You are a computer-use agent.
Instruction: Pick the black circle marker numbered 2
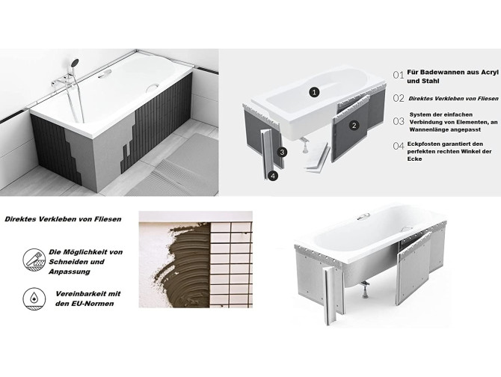coord(354,126)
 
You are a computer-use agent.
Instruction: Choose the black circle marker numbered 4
coord(273,177)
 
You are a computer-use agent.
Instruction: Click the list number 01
coord(399,75)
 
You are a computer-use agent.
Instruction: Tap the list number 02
coord(399,98)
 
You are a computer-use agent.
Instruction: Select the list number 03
coord(399,121)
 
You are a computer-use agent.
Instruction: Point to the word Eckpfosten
coord(429,143)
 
